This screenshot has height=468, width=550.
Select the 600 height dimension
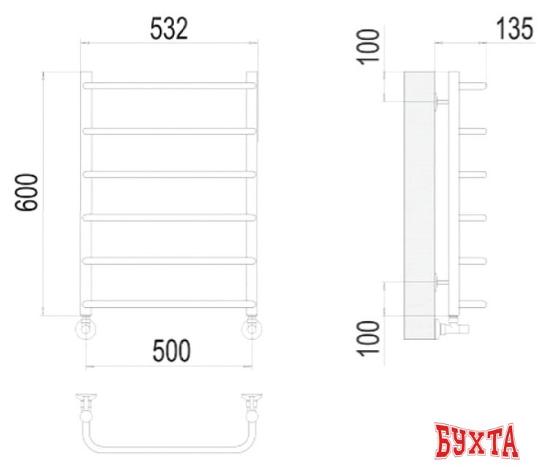pos(26,193)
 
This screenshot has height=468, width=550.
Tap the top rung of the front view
pos(170,86)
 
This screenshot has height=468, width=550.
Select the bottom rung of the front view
pos(170,303)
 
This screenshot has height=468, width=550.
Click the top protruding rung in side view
pos(472,86)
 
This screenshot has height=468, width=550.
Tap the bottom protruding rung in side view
pos(472,303)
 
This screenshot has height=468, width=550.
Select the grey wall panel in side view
pos(419,205)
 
